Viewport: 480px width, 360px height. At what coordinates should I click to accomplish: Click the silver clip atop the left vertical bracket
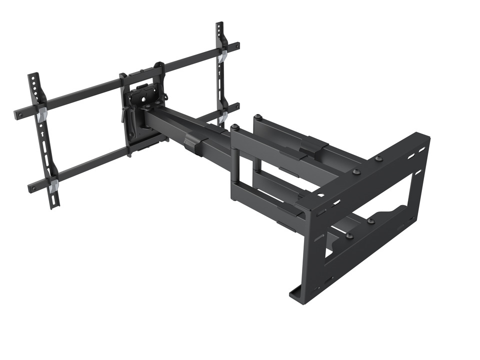pyautogui.click(x=41, y=113)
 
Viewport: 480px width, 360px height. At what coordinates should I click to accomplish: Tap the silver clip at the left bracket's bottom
pyautogui.click(x=53, y=186)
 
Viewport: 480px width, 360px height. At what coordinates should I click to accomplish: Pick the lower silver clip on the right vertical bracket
pyautogui.click(x=223, y=116)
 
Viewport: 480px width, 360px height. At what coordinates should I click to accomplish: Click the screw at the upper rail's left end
pyautogui.click(x=19, y=114)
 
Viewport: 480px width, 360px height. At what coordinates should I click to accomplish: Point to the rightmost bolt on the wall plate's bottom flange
pyautogui.click(x=370, y=220)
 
